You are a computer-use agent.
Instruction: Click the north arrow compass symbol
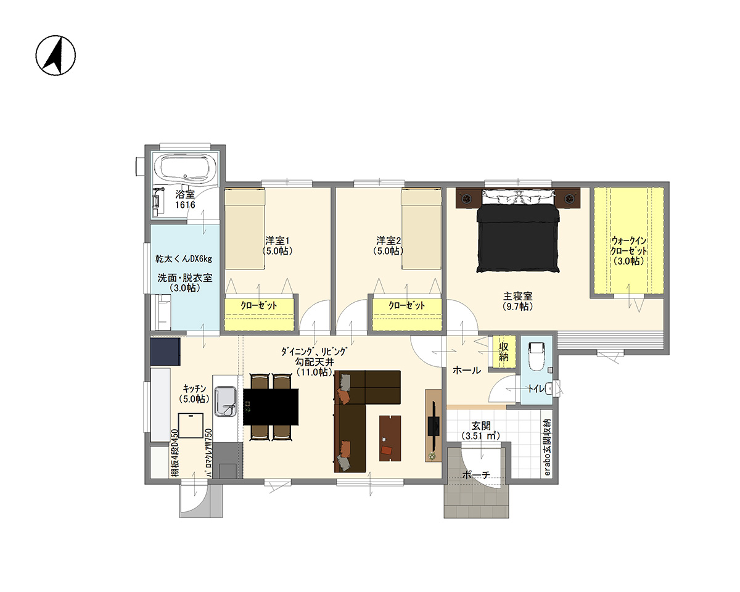click(55, 55)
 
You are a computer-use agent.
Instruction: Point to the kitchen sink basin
click(226, 401)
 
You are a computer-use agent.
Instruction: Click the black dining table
click(271, 407)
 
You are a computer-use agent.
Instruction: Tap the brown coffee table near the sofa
click(390, 438)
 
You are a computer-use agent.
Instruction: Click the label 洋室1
click(277, 240)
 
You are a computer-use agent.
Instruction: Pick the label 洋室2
click(388, 240)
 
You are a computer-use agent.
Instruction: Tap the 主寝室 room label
click(518, 295)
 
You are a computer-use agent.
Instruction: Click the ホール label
click(467, 371)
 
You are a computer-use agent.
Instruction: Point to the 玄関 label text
click(481, 426)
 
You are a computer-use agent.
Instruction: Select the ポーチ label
click(476, 475)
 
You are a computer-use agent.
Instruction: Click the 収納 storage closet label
click(503, 351)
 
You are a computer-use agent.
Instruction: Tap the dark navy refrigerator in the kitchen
click(165, 351)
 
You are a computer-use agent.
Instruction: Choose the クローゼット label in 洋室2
click(407, 305)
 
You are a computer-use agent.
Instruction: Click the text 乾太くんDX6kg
click(184, 258)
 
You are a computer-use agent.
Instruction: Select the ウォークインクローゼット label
click(628, 251)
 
